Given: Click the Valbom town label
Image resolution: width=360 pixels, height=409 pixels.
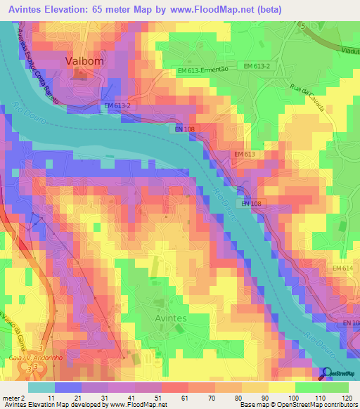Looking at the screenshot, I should (x=84, y=61).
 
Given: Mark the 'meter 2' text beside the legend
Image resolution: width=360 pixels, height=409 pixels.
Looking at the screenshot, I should (x=14, y=398).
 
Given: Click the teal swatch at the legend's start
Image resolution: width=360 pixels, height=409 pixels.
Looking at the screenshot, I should (x=41, y=387).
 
